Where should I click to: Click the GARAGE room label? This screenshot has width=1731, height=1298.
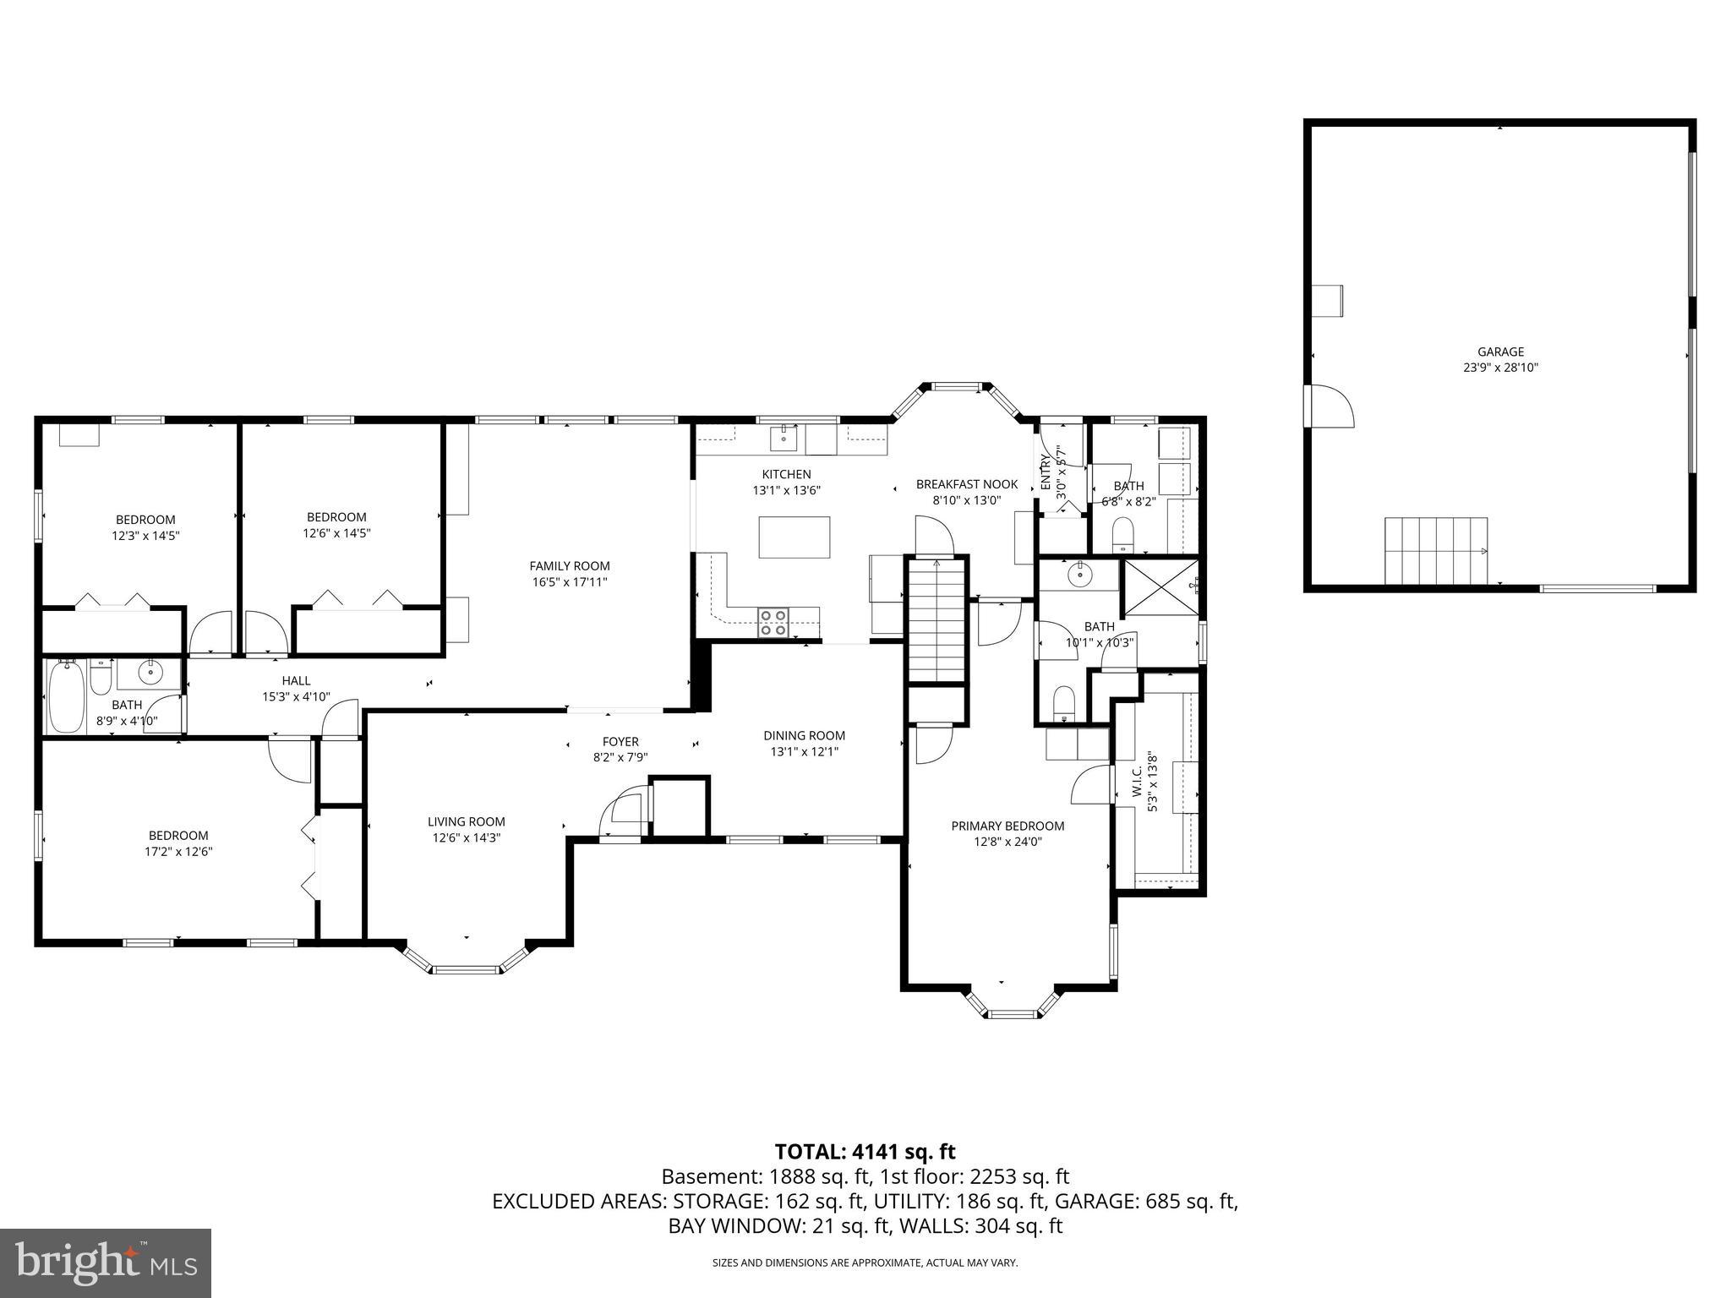[1500, 352]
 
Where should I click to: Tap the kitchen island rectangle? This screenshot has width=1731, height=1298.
[794, 537]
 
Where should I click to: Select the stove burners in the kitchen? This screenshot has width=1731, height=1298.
[773, 622]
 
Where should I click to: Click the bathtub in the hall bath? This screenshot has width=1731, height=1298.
[66, 697]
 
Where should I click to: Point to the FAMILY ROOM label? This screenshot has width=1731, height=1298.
[569, 566]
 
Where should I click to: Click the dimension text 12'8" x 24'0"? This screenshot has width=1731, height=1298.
[1007, 842]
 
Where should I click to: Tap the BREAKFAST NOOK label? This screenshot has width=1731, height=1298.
[966, 484]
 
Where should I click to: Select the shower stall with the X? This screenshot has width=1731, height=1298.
[1159, 586]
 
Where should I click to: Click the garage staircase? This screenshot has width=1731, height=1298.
[1434, 550]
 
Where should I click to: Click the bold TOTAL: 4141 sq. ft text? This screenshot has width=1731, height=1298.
[865, 1151]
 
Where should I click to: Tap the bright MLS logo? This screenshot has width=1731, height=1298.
[105, 1263]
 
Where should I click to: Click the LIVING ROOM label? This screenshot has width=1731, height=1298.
[466, 821]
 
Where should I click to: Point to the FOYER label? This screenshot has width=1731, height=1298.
[620, 742]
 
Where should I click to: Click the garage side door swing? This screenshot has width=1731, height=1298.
[1330, 406]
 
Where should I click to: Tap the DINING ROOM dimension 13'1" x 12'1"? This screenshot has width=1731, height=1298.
[804, 751]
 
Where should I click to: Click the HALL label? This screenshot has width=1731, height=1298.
[296, 680]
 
